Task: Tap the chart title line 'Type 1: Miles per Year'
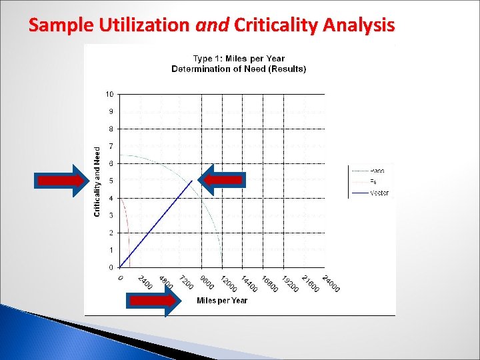[x=238, y=59]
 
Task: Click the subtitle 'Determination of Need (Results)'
[x=238, y=69]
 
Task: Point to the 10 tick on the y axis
[x=109, y=94]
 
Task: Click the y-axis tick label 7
[x=111, y=146]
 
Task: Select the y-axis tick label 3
[x=111, y=215]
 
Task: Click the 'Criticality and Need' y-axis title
[x=97, y=181]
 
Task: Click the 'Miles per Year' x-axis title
[x=222, y=301]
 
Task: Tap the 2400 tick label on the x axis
[x=145, y=282]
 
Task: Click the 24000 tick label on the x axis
[x=330, y=283]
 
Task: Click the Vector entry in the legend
[x=379, y=193]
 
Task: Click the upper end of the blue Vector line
[x=192, y=181]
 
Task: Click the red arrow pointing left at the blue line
[x=223, y=179]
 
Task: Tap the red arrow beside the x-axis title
[x=153, y=301]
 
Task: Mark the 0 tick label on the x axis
[x=121, y=278]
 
